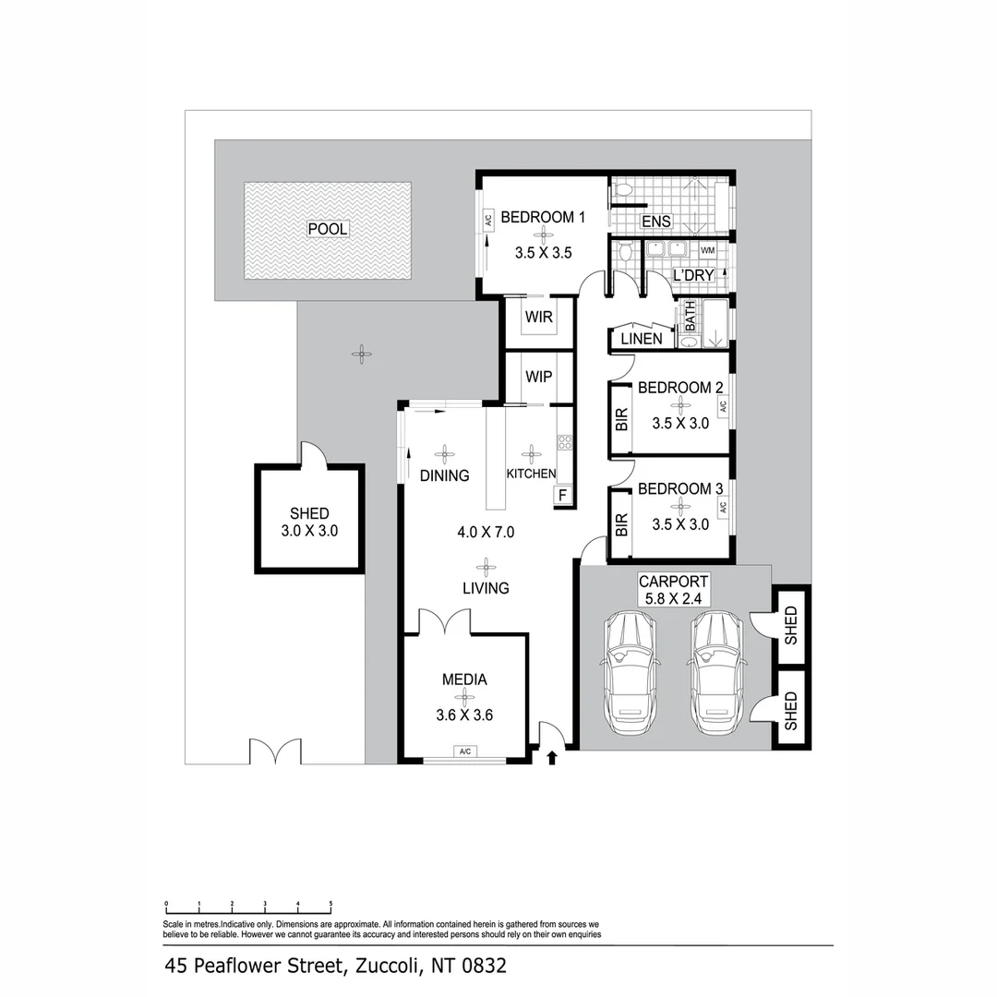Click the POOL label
pyautogui.click(x=328, y=229)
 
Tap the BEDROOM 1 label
pyautogui.click(x=543, y=218)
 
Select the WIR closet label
pyautogui.click(x=538, y=318)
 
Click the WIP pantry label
pyautogui.click(x=538, y=378)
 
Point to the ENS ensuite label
pyautogui.click(x=656, y=222)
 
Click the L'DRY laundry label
pyautogui.click(x=694, y=276)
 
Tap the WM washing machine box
pyautogui.click(x=708, y=251)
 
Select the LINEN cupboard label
pyautogui.click(x=641, y=339)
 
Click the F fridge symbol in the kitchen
pyautogui.click(x=560, y=496)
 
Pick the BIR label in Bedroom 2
pyautogui.click(x=621, y=419)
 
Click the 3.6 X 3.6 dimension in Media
pyautogui.click(x=464, y=714)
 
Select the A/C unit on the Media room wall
pyautogui.click(x=464, y=752)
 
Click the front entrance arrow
pyautogui.click(x=552, y=758)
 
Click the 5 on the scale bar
pyautogui.click(x=330, y=904)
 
